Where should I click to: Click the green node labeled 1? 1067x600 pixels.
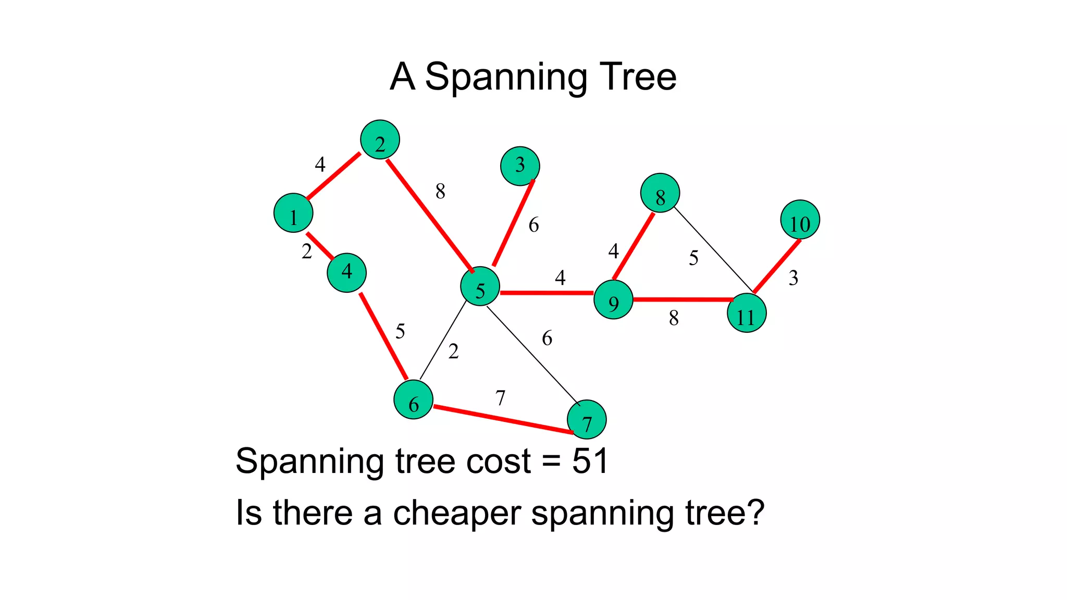(x=293, y=213)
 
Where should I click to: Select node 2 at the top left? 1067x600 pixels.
(x=380, y=140)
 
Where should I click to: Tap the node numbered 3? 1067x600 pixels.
(x=520, y=166)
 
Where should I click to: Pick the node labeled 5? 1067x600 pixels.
(x=480, y=286)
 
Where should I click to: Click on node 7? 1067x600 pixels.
(x=587, y=420)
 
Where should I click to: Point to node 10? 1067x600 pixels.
(x=800, y=220)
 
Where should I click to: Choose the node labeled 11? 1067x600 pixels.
(x=747, y=313)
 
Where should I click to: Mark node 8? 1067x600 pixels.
(x=660, y=193)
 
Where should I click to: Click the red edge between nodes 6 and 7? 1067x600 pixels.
(x=503, y=419)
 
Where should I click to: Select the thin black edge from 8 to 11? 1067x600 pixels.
(x=714, y=249)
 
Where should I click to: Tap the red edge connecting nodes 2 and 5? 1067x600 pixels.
(x=430, y=216)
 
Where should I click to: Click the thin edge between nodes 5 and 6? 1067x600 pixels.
(x=443, y=340)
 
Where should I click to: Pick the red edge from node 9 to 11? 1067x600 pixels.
(x=683, y=299)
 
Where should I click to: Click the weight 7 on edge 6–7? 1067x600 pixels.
(x=500, y=398)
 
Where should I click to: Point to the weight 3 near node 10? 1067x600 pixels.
(x=793, y=278)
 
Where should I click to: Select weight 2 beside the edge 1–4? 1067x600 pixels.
(x=307, y=252)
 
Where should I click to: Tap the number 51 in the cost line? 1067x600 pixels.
(x=590, y=461)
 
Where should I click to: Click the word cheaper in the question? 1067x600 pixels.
(x=457, y=513)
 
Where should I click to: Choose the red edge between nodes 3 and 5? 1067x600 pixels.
(x=513, y=223)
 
